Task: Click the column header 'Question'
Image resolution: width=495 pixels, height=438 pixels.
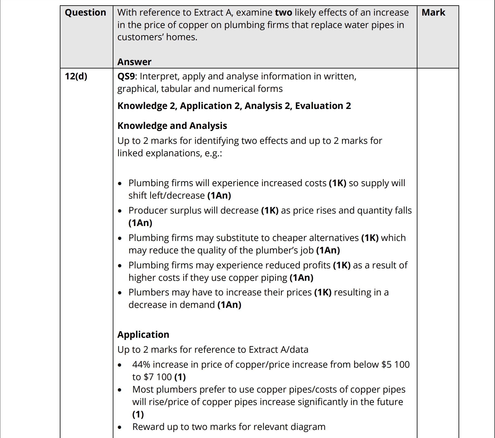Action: (85, 12)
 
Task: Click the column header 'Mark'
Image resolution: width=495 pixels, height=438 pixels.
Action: (433, 12)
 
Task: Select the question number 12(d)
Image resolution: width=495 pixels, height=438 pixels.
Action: (76, 76)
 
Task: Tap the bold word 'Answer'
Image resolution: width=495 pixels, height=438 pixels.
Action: (134, 62)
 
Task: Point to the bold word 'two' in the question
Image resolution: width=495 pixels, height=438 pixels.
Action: (283, 12)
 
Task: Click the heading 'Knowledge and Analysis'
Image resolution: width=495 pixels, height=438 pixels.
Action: (172, 126)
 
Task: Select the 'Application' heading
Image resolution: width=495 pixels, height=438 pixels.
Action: (143, 335)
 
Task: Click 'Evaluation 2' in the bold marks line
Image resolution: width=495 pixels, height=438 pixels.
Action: (323, 106)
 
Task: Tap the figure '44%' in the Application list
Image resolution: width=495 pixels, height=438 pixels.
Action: (141, 365)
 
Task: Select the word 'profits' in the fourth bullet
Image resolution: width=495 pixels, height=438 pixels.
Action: (317, 265)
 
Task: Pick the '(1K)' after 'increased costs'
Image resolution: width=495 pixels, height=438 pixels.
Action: (337, 183)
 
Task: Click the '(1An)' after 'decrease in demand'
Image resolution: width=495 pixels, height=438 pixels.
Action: (229, 305)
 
